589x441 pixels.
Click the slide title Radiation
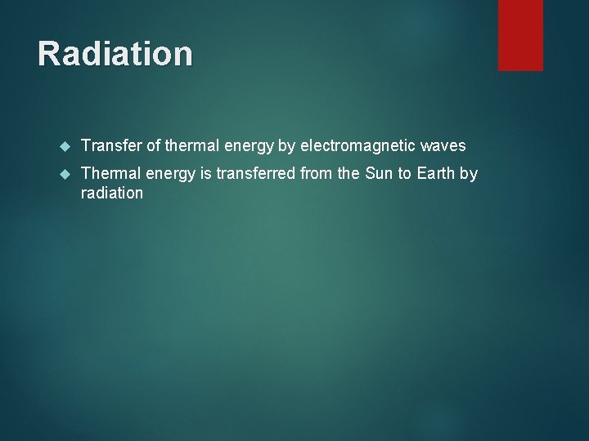pos(115,54)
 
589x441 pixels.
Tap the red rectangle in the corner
pos(520,34)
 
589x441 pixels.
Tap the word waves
pos(443,146)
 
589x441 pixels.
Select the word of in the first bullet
pos(152,146)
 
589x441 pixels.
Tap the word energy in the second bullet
pos(172,174)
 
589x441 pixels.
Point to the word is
pos(205,174)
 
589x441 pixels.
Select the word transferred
pos(256,174)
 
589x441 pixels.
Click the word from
pos(317,174)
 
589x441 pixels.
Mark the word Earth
pos(435,174)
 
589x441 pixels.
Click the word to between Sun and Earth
pos(405,174)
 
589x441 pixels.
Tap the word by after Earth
pos(469,174)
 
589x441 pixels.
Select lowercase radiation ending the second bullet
pos(112,194)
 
